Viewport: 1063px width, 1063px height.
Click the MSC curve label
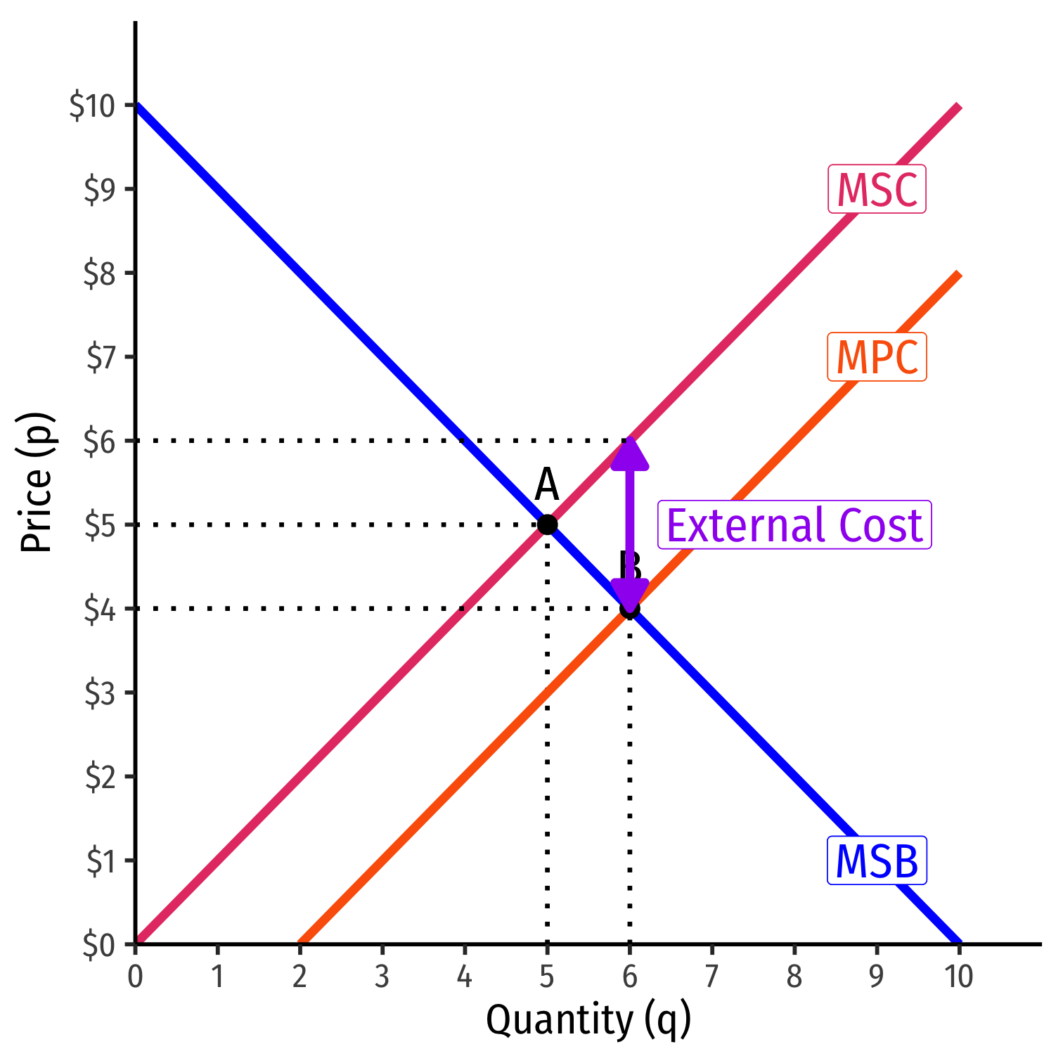click(x=877, y=189)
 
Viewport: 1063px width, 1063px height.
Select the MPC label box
click(x=877, y=357)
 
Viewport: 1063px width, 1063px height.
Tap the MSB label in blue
click(x=877, y=861)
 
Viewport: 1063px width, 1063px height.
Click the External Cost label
click(x=794, y=525)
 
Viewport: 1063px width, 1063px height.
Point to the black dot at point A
click(x=547, y=524)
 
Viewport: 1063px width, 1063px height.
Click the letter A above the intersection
click(x=546, y=485)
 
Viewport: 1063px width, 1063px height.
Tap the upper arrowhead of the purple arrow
click(x=629, y=453)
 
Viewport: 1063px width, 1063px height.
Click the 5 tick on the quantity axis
click(x=547, y=977)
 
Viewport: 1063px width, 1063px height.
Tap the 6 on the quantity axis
click(x=629, y=977)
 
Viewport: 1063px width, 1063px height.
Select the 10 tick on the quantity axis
click(x=958, y=977)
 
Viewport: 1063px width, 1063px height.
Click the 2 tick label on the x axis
click(x=299, y=977)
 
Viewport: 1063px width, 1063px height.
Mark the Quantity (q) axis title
click(x=588, y=1020)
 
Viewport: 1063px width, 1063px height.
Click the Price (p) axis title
click(x=37, y=482)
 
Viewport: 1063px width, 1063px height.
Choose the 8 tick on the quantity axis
click(x=794, y=977)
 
